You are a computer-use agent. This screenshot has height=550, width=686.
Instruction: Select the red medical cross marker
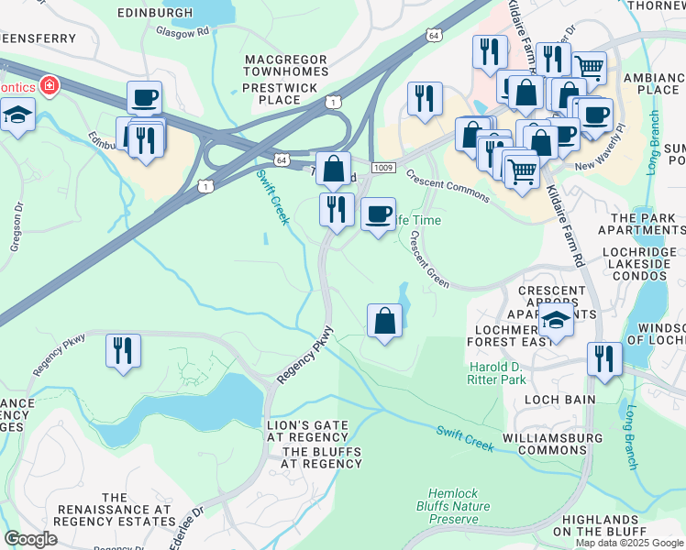pos(47,86)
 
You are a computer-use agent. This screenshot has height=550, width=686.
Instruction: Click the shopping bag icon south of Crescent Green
pos(384,321)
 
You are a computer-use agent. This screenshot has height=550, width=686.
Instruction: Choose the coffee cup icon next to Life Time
pos(378,214)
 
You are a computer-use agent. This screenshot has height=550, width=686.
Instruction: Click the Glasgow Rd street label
pos(182,30)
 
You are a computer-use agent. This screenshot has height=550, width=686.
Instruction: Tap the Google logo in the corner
pos(30,539)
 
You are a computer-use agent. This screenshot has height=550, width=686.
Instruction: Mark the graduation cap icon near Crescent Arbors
pos(555,321)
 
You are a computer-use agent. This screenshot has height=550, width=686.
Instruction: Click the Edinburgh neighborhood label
pos(156,13)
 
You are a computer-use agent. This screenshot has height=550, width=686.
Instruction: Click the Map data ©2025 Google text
pos(629,543)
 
